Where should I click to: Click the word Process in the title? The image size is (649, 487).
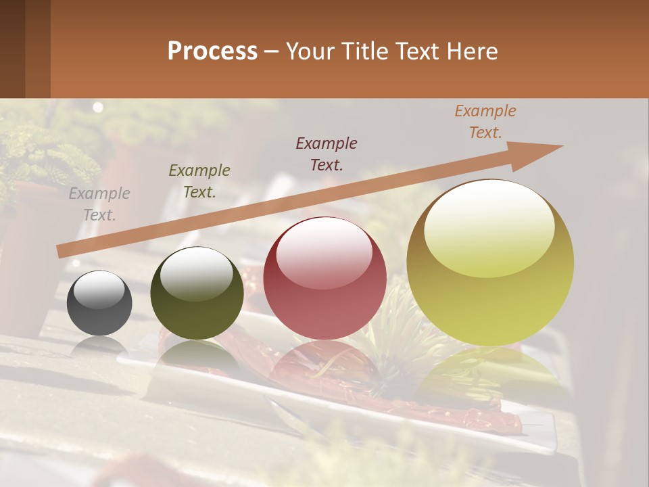212,51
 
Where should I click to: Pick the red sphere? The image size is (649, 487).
324,278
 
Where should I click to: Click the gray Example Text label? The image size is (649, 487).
99,204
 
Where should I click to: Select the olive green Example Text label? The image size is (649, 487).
199,181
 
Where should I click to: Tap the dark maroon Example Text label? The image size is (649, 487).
327,154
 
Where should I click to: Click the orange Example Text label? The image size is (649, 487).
485,122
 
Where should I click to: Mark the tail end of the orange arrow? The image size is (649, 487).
61,252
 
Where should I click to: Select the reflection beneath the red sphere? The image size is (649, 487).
324,365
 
